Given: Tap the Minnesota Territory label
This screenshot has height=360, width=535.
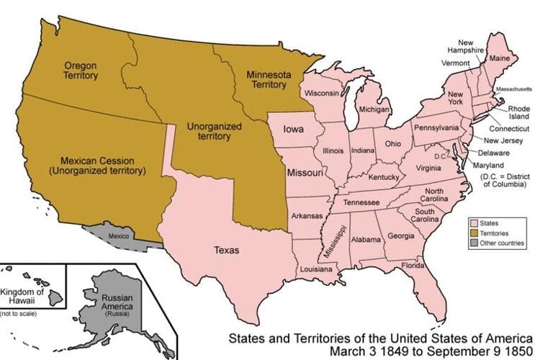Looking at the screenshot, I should click(266, 79).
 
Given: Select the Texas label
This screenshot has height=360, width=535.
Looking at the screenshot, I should click(226, 250).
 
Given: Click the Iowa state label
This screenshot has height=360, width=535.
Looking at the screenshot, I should click(292, 130).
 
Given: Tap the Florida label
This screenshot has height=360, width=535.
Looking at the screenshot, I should click(413, 265).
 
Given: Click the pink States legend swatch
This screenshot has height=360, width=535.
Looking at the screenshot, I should click(475, 224).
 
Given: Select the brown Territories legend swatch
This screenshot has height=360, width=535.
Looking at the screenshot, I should click(475, 234).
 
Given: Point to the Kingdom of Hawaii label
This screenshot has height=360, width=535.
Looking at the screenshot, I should click(22, 296).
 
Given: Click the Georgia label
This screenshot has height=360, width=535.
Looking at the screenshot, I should click(400, 236).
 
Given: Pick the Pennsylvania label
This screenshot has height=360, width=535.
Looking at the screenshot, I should click(436, 127).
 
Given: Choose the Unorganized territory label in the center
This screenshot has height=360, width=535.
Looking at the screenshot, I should click(214, 130).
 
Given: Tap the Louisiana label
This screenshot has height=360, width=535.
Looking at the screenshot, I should click(316, 269).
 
